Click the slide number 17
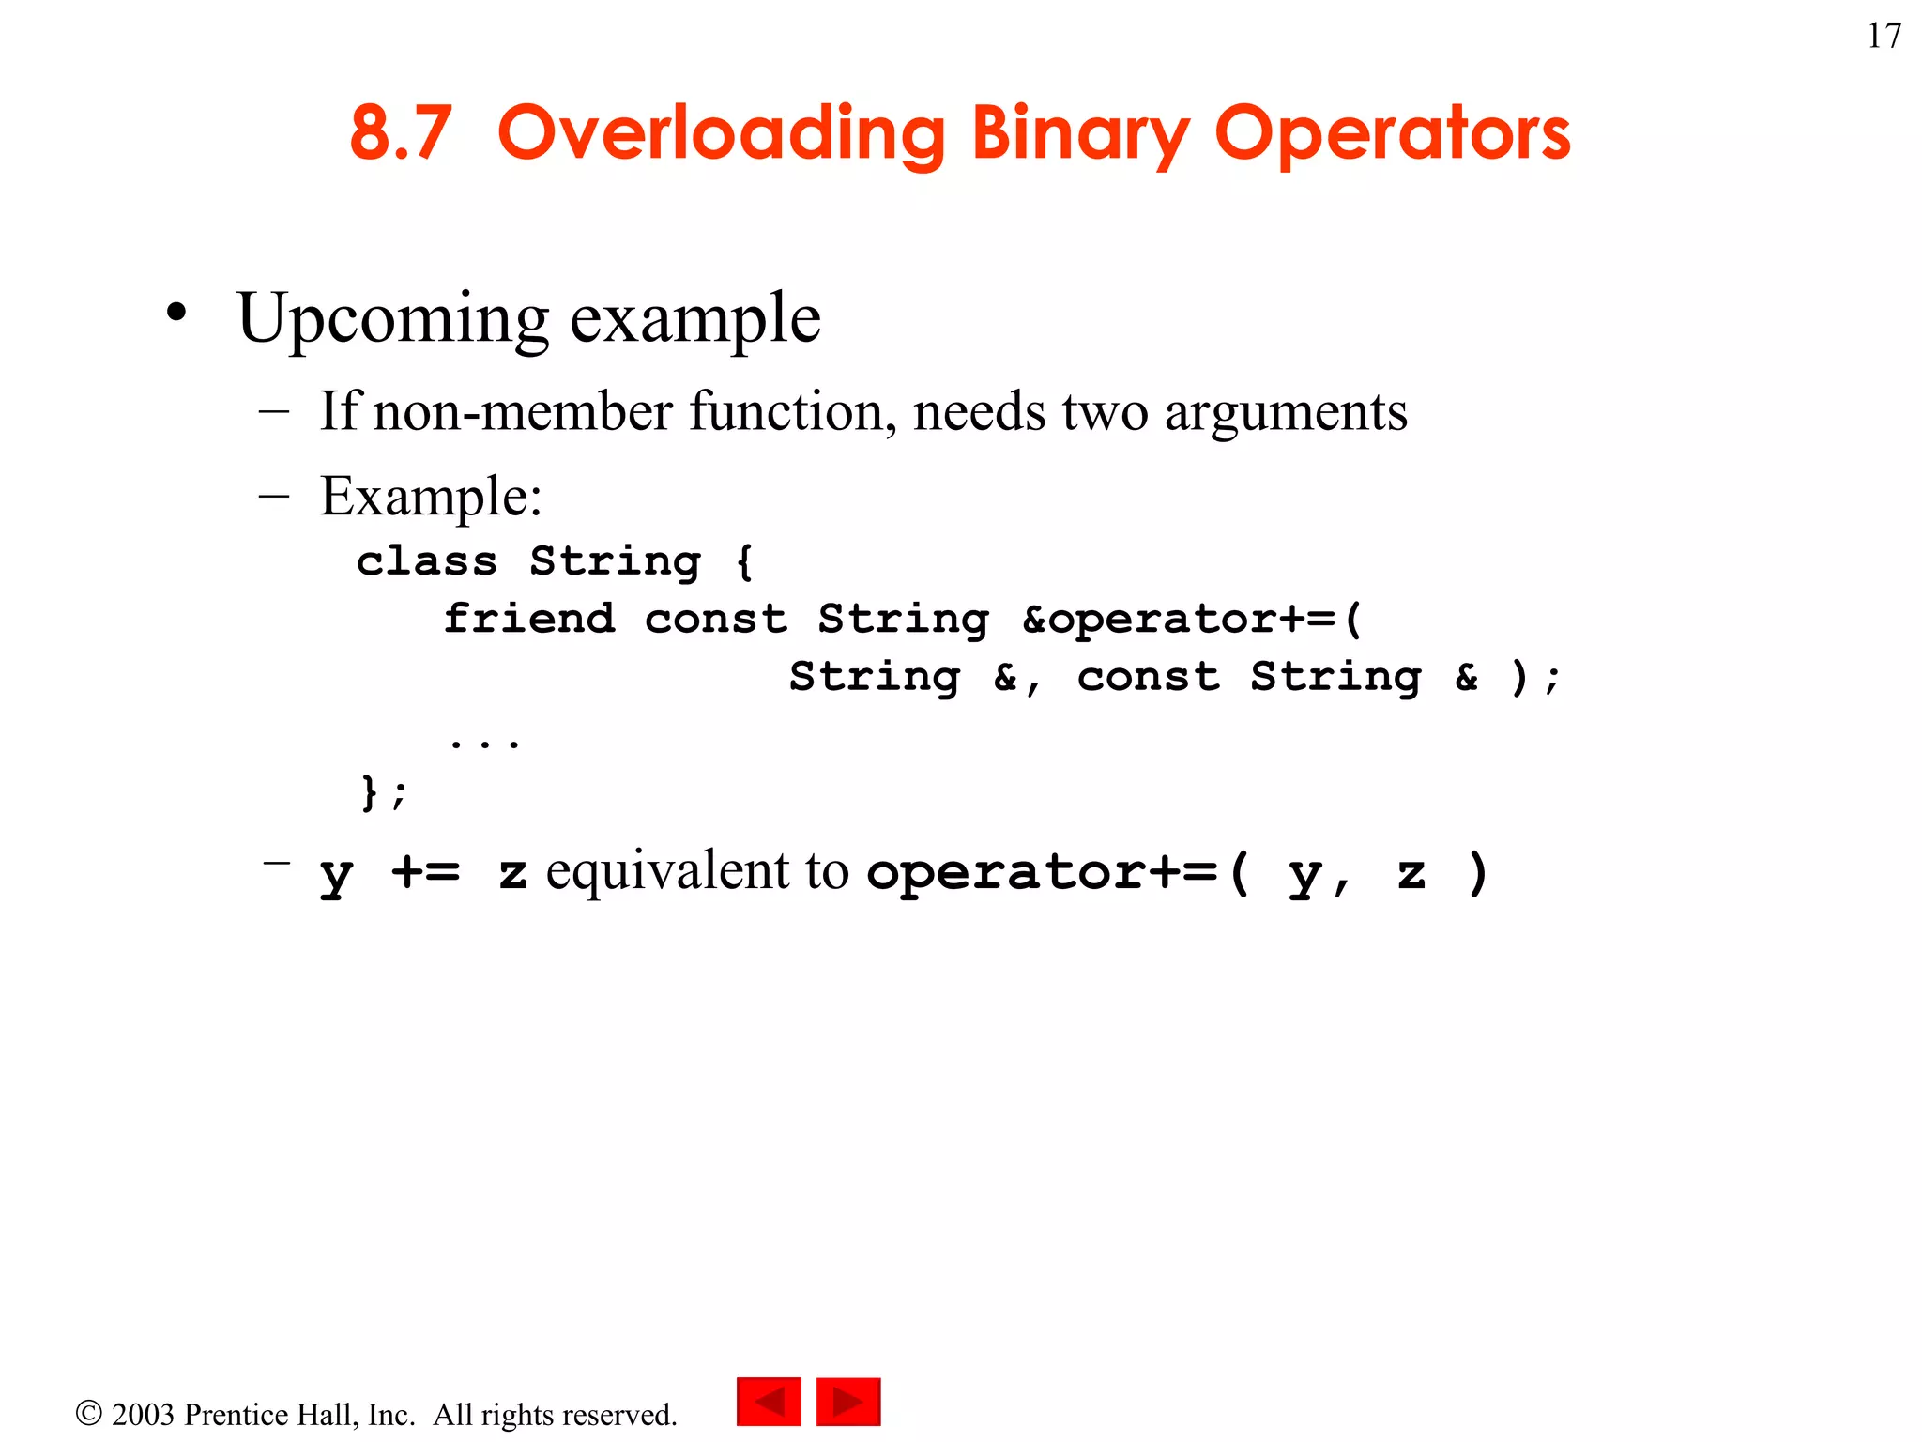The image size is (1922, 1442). (x=1884, y=36)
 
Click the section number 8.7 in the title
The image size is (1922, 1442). (x=401, y=132)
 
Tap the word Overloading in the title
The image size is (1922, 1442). (x=721, y=134)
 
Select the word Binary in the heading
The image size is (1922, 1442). (x=1080, y=134)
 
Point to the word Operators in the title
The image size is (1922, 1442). (x=1392, y=134)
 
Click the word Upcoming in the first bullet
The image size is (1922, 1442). (x=392, y=319)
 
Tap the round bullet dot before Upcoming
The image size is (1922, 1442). (x=176, y=313)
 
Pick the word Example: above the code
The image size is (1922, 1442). (x=431, y=496)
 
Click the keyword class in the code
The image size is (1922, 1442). (x=427, y=561)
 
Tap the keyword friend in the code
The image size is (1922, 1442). (x=529, y=619)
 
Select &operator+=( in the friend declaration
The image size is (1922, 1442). (x=1192, y=619)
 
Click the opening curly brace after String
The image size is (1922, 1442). (x=744, y=561)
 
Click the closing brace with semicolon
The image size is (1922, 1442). (x=384, y=791)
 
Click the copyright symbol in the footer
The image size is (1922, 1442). (x=88, y=1413)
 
